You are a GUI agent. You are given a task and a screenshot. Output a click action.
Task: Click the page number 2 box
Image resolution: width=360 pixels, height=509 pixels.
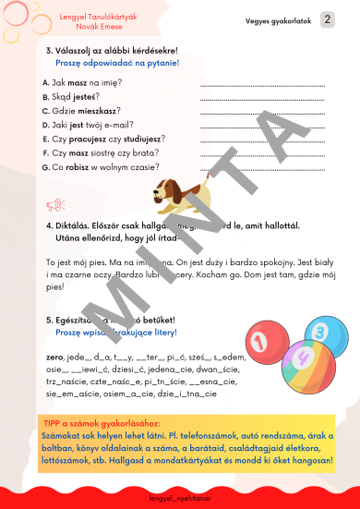tap(327, 19)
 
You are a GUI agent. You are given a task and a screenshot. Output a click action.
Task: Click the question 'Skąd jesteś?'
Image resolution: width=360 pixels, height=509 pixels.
tap(75, 96)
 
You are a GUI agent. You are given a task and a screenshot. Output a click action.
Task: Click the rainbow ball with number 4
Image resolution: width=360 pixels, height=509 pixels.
tap(301, 360)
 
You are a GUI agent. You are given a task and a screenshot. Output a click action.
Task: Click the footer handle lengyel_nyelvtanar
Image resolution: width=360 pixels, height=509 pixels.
tap(179, 497)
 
